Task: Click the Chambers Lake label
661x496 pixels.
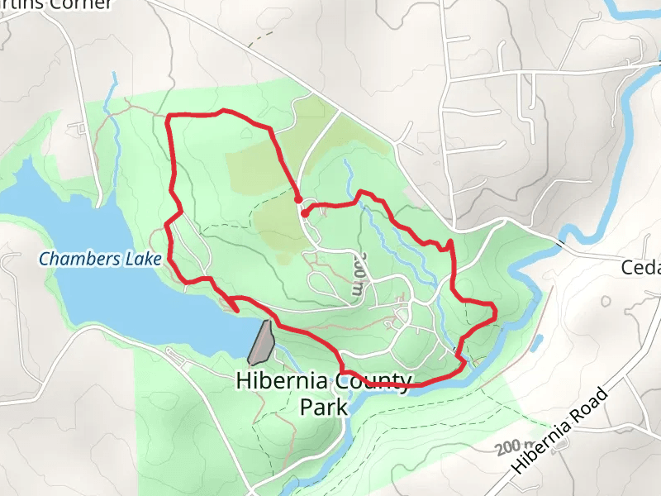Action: click(x=100, y=259)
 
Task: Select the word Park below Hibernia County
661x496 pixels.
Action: click(x=323, y=407)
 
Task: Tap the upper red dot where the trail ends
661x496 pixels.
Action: click(x=298, y=199)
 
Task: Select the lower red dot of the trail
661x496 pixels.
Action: click(x=305, y=213)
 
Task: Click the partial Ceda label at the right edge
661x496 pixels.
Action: click(x=642, y=268)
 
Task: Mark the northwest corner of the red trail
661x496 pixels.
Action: click(x=169, y=117)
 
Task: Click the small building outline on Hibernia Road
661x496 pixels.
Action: click(x=562, y=445)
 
